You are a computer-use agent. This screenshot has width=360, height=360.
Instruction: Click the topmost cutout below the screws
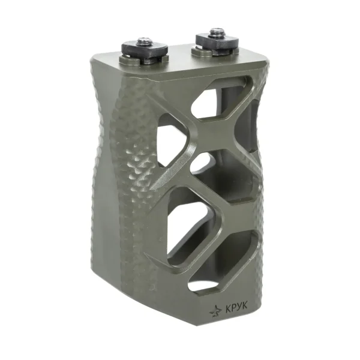(x=220, y=98)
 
